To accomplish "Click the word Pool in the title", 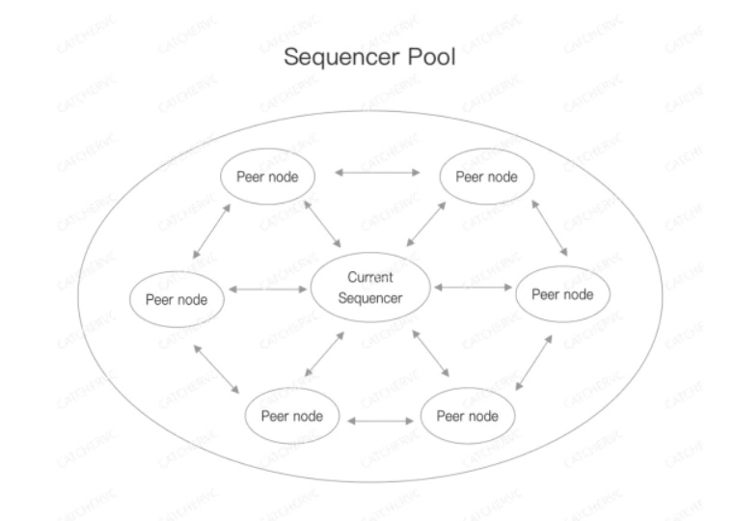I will tap(428, 58).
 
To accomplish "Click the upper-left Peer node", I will tap(266, 176).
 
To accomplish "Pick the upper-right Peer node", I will tap(486, 176).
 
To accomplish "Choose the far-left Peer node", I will tap(177, 297).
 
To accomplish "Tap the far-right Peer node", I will tap(563, 293).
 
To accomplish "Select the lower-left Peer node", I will tap(291, 417).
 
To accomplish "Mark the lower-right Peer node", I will tap(467, 417).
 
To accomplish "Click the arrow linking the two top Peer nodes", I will tap(376, 174).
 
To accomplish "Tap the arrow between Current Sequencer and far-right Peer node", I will tap(474, 287).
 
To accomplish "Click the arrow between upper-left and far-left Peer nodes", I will tap(212, 232).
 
